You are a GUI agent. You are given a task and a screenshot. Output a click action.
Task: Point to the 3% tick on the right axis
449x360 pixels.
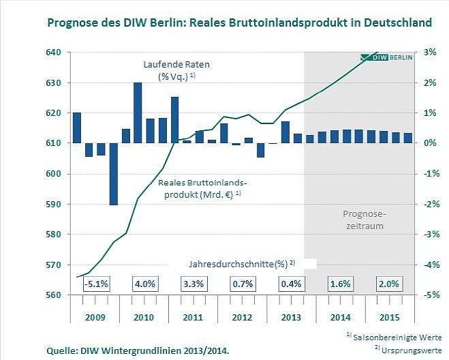(x=430, y=52)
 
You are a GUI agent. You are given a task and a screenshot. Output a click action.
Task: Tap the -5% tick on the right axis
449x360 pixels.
(x=430, y=295)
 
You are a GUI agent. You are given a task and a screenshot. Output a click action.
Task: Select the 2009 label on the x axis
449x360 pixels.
(x=95, y=318)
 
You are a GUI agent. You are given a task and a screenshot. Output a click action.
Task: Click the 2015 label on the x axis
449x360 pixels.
(x=389, y=318)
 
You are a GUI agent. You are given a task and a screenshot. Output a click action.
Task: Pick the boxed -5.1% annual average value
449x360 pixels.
(x=96, y=284)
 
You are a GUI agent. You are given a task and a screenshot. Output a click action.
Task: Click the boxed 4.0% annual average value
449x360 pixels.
(x=144, y=284)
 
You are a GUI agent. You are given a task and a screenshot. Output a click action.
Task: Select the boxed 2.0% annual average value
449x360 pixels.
(x=389, y=284)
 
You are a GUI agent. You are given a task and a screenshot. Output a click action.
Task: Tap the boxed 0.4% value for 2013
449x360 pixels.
(x=291, y=284)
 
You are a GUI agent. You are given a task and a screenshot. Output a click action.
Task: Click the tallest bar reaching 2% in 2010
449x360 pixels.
(x=138, y=113)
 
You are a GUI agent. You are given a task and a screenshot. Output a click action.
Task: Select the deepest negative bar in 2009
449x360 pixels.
(x=113, y=174)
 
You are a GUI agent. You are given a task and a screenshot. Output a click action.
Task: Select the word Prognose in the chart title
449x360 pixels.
(x=74, y=22)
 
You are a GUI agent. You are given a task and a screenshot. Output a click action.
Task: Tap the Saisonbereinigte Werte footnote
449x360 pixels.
(x=397, y=337)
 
